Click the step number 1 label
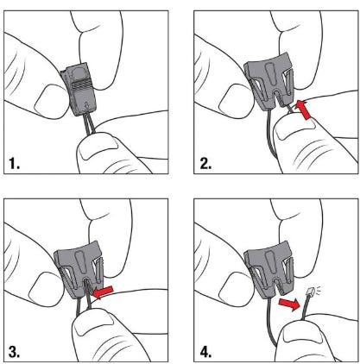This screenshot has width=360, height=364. [x=14, y=163]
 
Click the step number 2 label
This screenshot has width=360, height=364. [x=205, y=163]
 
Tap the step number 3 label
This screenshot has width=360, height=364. [x=15, y=352]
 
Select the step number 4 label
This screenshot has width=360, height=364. [x=206, y=352]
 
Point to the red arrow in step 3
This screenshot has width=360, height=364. [x=102, y=292]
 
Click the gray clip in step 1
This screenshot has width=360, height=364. [x=79, y=89]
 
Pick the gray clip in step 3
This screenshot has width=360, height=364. [x=79, y=270]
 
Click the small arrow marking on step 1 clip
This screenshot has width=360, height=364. [x=86, y=105]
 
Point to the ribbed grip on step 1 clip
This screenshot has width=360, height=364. [x=82, y=85]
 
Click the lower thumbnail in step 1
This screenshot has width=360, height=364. [x=98, y=150]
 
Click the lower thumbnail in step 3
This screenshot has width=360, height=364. [x=92, y=324]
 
